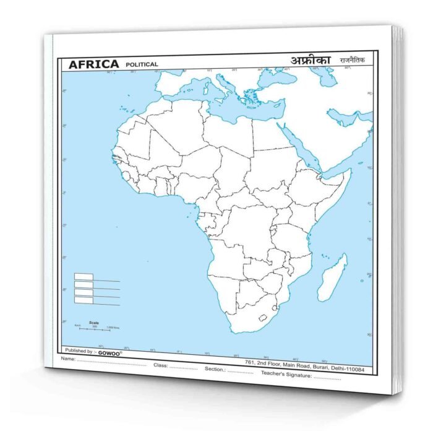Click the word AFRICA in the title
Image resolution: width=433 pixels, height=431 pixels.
pyautogui.click(x=93, y=64)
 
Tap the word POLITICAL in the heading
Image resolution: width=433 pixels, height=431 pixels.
pyautogui.click(x=142, y=64)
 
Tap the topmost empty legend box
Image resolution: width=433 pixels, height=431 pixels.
pyautogui.click(x=84, y=277)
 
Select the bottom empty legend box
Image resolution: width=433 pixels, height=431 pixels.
pyautogui.click(x=84, y=300)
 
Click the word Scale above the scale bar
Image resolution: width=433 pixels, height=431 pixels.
pyautogui.click(x=94, y=322)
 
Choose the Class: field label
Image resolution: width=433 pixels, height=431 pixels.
pyautogui.click(x=161, y=365)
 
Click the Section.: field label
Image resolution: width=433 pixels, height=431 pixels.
pyautogui.click(x=216, y=369)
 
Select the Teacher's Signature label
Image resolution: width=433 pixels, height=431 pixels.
pyautogui.click(x=286, y=373)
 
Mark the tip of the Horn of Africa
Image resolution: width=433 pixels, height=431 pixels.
pyautogui.click(x=350, y=170)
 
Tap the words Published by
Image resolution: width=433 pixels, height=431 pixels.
pyautogui.click(x=77, y=350)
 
